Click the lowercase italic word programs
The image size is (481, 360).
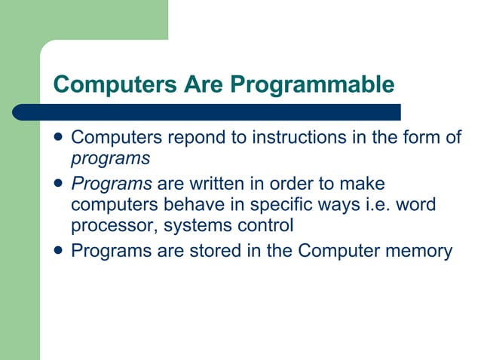(110, 159)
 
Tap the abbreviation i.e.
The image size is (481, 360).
(369, 205)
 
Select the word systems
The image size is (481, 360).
(189, 226)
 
